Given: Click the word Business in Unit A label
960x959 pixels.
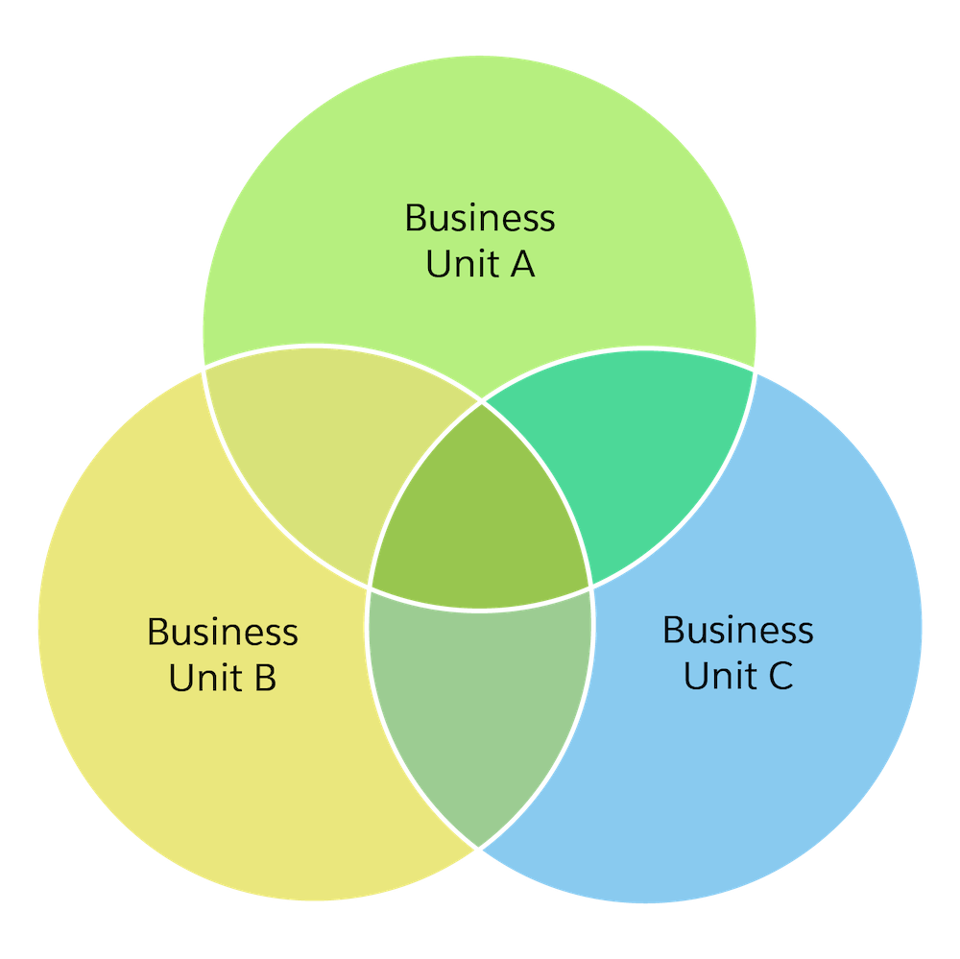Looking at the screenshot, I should point(479,219).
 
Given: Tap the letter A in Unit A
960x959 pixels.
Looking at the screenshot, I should point(520,264).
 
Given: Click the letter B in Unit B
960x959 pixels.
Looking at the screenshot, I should point(264,677).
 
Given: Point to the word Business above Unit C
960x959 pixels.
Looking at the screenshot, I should point(737,631).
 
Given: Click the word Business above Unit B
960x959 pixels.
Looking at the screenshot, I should point(222,633).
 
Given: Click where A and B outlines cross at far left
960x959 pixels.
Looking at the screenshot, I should point(204,368).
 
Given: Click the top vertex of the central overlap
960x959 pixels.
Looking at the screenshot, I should point(481,402).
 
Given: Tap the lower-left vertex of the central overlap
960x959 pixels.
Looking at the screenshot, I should point(369,588).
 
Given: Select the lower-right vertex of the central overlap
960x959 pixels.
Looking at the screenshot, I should point(591,586).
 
